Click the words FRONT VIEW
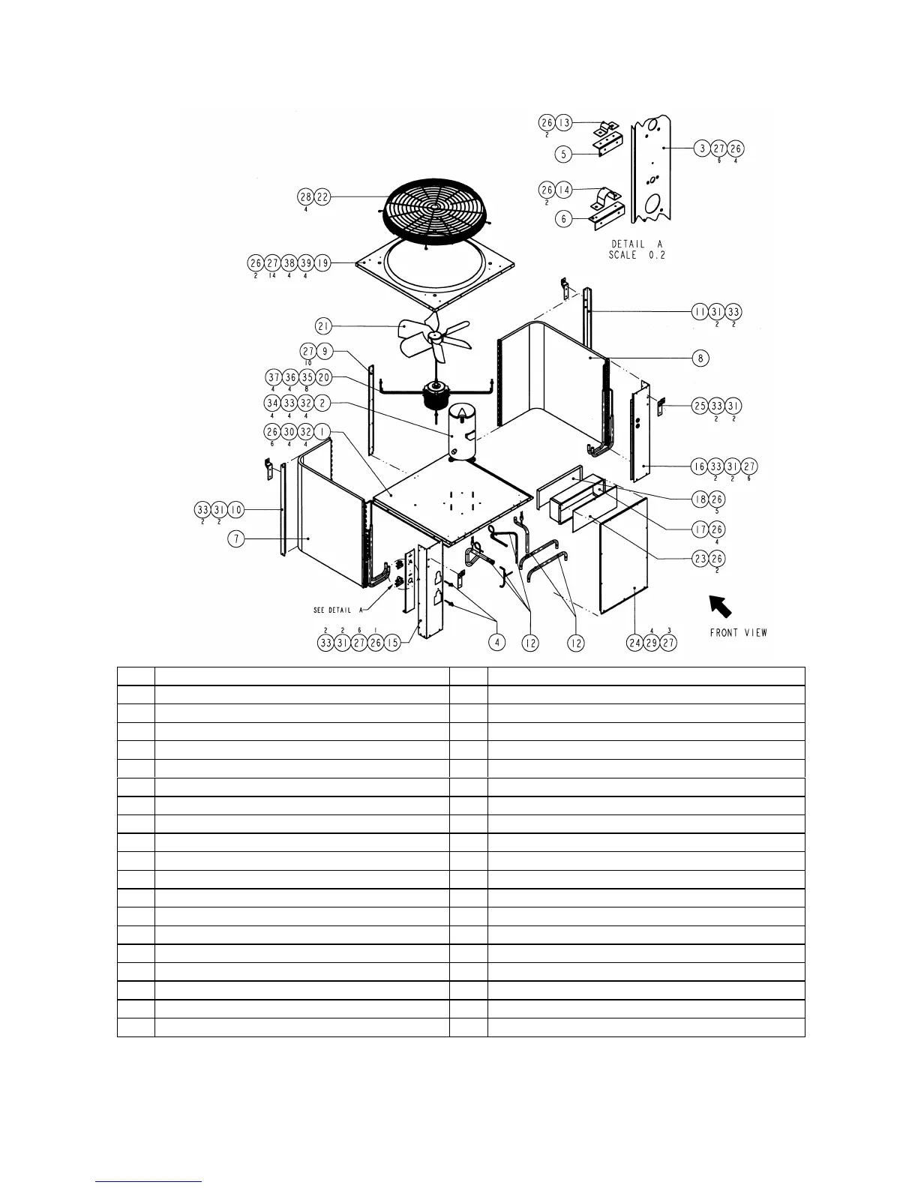click(x=739, y=632)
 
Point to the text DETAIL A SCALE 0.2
click(x=637, y=249)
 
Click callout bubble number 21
click(x=324, y=326)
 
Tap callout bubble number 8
click(x=700, y=358)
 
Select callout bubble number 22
click(x=322, y=196)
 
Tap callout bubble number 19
click(x=322, y=263)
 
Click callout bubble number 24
click(x=635, y=643)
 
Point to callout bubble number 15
click(x=392, y=643)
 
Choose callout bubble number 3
click(x=702, y=148)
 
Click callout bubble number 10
click(x=235, y=510)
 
